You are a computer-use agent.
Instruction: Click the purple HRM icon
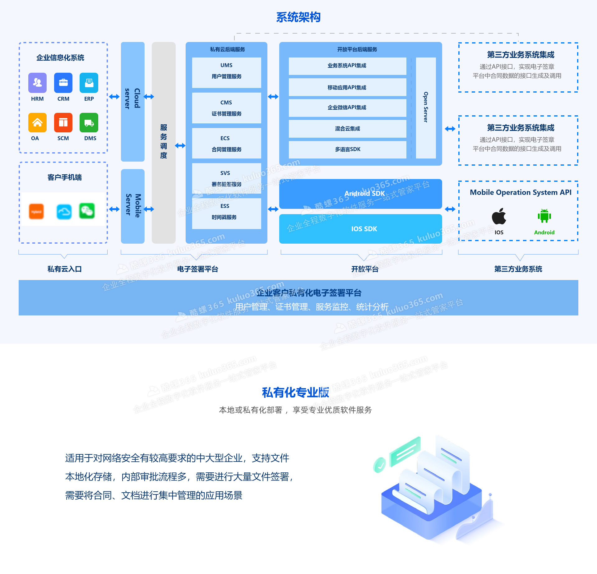(37, 83)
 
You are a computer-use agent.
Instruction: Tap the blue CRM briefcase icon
(63, 83)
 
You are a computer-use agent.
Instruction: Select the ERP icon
(89, 83)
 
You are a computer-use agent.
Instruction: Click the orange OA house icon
(37, 122)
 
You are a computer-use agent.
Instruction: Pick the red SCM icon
(63, 122)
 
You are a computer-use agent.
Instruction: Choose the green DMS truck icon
(89, 122)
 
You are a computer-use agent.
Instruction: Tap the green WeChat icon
(87, 211)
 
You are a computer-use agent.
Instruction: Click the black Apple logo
(499, 216)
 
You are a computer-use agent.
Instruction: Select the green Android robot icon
(544, 216)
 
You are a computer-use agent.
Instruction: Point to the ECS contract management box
(226, 143)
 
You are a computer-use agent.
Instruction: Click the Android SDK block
(360, 194)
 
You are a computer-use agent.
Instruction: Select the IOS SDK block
(360, 229)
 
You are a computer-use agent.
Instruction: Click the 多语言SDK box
(347, 149)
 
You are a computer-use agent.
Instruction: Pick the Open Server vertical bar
(426, 108)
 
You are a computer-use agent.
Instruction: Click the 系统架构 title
(298, 17)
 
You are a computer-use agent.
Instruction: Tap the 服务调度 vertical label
(164, 141)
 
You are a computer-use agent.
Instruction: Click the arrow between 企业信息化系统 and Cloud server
(114, 97)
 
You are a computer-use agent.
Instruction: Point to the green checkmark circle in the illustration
(380, 465)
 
